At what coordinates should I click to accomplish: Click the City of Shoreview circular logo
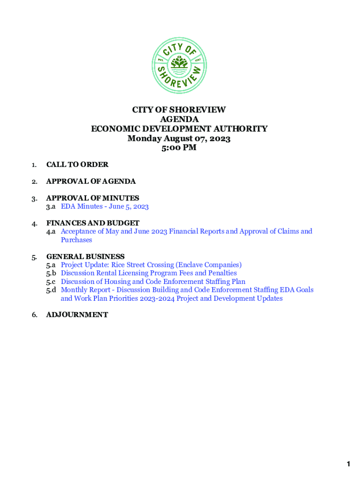click(x=179, y=65)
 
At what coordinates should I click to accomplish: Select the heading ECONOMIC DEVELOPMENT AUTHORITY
click(x=179, y=129)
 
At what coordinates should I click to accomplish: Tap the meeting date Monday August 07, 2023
click(x=179, y=138)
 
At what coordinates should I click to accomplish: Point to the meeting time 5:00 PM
click(x=179, y=148)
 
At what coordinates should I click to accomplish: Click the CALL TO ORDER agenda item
click(x=77, y=165)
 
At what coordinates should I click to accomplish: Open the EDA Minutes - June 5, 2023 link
click(x=105, y=207)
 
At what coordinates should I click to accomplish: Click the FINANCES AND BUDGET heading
click(x=93, y=223)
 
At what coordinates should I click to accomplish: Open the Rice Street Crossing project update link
click(x=151, y=265)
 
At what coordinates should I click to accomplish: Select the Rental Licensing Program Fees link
click(x=149, y=273)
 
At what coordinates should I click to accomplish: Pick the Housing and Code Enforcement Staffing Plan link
click(x=153, y=282)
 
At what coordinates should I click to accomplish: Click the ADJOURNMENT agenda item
click(x=77, y=315)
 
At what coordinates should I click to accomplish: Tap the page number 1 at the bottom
click(x=348, y=464)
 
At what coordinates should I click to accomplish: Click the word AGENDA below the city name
click(x=179, y=119)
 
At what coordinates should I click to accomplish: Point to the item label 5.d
click(x=51, y=290)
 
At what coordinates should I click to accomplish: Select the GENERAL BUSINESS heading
click(x=85, y=256)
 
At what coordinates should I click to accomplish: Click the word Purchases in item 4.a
click(x=76, y=240)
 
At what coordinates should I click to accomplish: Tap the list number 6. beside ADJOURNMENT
click(x=35, y=315)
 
